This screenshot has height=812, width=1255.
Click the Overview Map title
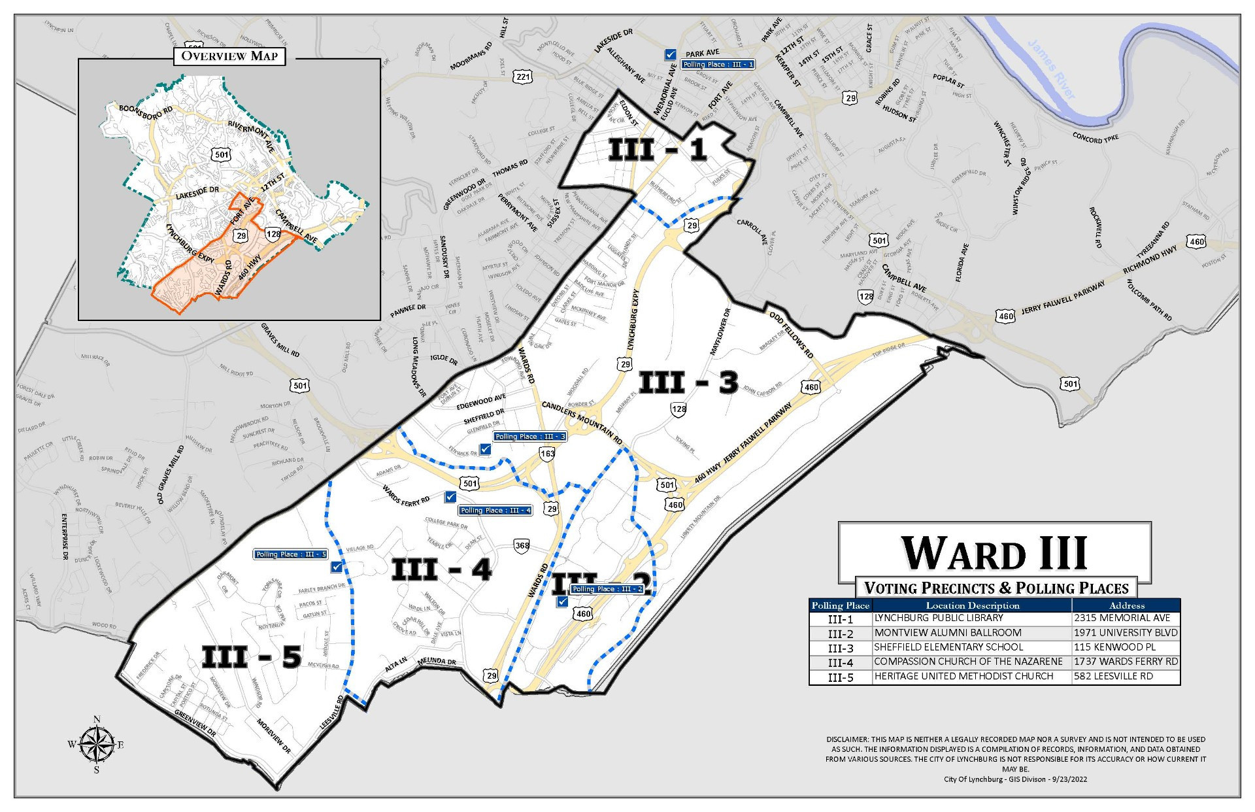[x=229, y=56]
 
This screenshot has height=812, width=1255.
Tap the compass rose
[x=96, y=745]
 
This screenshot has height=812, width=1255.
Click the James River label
[x=1051, y=69]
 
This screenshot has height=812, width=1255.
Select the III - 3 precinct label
[x=688, y=382]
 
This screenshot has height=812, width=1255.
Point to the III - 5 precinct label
[x=251, y=656]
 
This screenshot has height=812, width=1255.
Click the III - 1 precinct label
[x=658, y=150]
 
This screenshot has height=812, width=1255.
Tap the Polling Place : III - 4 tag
[x=495, y=511]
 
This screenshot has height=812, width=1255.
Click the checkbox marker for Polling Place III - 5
[x=337, y=567]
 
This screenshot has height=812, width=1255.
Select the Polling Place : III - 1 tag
[x=718, y=65]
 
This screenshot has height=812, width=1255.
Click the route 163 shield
[x=547, y=454]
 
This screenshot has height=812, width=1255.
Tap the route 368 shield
[x=522, y=546]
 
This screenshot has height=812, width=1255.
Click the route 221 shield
[x=523, y=77]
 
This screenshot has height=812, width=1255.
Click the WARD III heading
[x=994, y=553]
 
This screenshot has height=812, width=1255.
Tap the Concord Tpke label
[x=1095, y=139]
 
